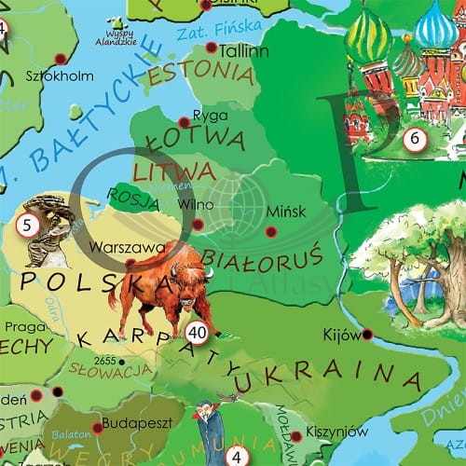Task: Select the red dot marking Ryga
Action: click(x=184, y=121)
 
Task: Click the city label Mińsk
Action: click(x=284, y=212)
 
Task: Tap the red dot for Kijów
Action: click(x=367, y=334)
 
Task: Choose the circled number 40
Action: click(x=197, y=333)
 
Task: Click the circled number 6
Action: click(x=416, y=140)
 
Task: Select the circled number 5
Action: click(x=28, y=224)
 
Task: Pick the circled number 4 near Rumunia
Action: click(x=238, y=457)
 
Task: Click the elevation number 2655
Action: click(x=104, y=359)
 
